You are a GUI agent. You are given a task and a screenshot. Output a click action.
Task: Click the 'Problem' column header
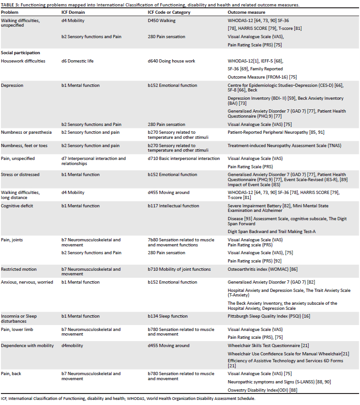click(11, 11)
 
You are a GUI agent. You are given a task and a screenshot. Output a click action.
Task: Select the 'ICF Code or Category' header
click(165, 11)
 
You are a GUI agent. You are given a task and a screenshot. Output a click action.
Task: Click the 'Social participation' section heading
click(20, 53)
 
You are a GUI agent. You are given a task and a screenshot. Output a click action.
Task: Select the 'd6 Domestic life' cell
click(79, 61)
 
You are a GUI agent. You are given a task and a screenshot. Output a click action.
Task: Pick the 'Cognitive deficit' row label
click(17, 206)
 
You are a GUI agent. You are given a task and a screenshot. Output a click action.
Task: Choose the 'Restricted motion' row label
click(19, 269)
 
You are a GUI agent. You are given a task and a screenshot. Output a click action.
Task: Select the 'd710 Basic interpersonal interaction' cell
click(184, 159)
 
